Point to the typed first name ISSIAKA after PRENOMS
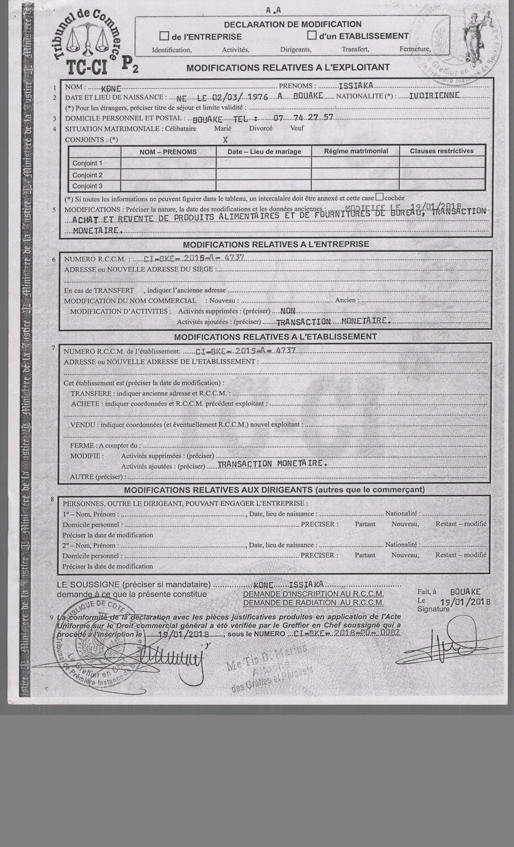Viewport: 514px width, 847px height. point(356,86)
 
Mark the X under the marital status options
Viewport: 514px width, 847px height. point(225,140)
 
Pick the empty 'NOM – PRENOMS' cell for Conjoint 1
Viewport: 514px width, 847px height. point(168,163)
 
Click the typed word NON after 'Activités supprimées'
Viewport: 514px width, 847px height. point(288,311)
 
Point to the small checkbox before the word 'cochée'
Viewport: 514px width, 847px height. point(379,197)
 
